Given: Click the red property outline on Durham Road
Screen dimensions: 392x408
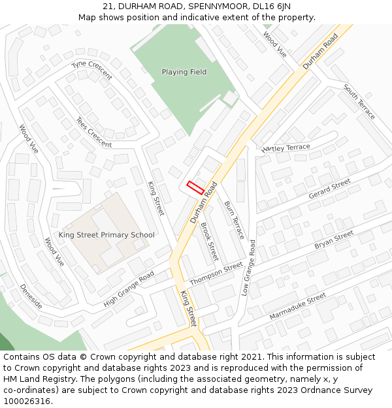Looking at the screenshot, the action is click(x=196, y=187).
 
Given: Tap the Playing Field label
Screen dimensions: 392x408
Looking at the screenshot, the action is click(x=184, y=72).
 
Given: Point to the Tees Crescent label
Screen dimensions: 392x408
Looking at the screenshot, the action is click(x=93, y=133).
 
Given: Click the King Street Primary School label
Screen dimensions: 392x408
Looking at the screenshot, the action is click(x=106, y=235).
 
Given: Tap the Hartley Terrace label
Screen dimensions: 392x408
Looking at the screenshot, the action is click(x=286, y=148).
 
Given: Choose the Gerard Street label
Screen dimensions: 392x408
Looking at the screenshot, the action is click(x=329, y=190).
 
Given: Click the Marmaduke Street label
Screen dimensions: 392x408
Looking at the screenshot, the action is click(x=297, y=307).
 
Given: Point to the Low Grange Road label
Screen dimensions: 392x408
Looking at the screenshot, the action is click(x=248, y=268).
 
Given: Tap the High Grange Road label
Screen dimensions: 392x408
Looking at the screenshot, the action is click(x=129, y=289).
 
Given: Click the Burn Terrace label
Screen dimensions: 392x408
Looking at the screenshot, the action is click(x=234, y=219).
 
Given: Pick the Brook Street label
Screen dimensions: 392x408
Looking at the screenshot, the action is click(x=209, y=241).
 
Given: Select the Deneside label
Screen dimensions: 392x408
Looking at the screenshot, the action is click(x=31, y=296).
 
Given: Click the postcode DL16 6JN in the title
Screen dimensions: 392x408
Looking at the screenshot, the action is click(x=271, y=6).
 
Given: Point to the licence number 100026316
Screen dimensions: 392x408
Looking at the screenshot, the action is click(x=28, y=401).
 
